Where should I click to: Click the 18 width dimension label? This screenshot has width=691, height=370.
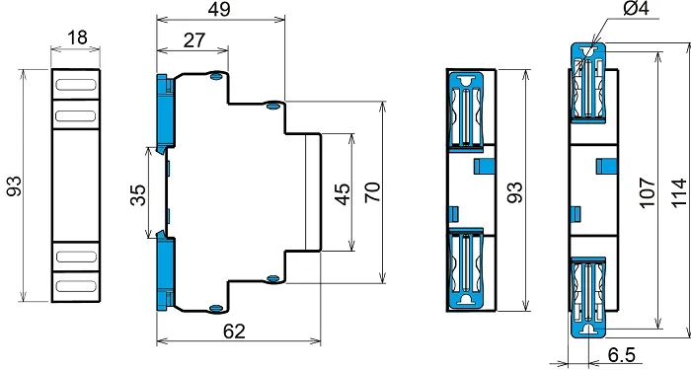pyautogui.click(x=77, y=37)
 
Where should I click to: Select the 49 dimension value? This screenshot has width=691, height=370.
pyautogui.click(x=219, y=9)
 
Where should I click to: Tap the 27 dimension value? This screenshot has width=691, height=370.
pyautogui.click(x=193, y=40)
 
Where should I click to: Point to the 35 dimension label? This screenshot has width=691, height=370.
pyautogui.click(x=137, y=195)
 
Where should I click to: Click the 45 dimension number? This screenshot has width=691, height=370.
pyautogui.click(x=343, y=194)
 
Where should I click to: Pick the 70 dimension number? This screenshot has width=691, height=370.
pyautogui.click(x=373, y=192)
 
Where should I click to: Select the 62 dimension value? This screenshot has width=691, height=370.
pyautogui.click(x=234, y=332)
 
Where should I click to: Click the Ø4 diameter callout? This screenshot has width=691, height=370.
pyautogui.click(x=637, y=8)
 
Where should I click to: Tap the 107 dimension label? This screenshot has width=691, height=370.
pyautogui.click(x=648, y=192)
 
